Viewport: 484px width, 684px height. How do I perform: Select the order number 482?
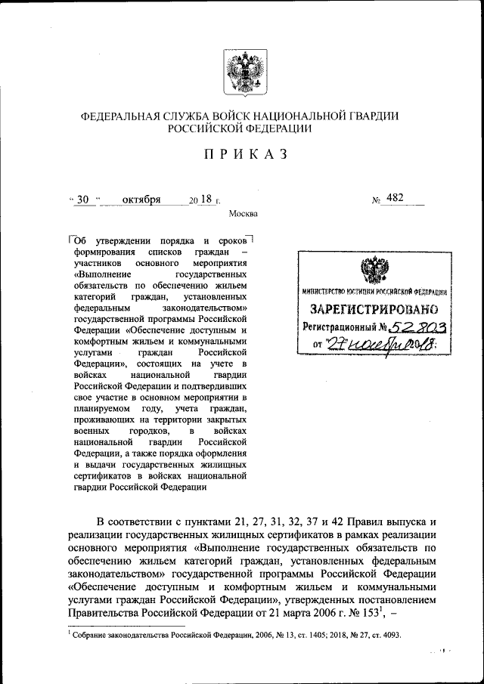pyautogui.click(x=394, y=198)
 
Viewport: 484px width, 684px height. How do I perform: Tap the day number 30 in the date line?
pyautogui.click(x=83, y=200)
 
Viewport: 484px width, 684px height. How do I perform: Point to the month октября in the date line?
pyautogui.click(x=141, y=200)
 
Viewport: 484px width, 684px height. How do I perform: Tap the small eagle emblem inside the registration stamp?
pyautogui.click(x=371, y=271)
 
